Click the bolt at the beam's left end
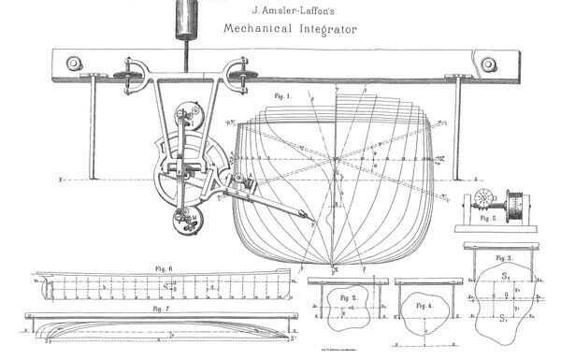[69, 65]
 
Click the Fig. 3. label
[504, 256]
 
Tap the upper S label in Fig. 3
[506, 277]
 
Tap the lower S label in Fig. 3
[506, 320]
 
